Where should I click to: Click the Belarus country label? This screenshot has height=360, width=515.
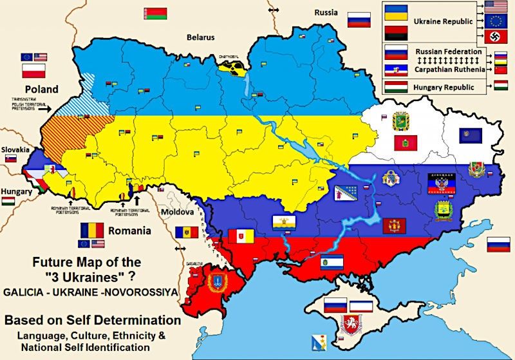(x=201, y=37)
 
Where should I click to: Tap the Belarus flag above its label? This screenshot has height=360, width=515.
(x=156, y=14)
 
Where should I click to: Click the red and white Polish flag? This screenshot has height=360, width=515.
(x=34, y=70)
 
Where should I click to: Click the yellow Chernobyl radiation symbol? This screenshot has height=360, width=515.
(x=232, y=66)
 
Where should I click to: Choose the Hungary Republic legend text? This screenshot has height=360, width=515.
(x=444, y=87)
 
